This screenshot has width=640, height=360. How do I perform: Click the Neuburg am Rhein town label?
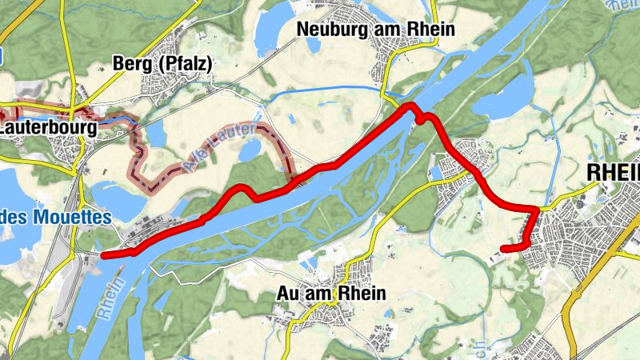tap(375, 30)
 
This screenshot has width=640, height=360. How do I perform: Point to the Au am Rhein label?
tap(330, 294)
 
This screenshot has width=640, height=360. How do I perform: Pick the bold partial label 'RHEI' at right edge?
tap(613, 173)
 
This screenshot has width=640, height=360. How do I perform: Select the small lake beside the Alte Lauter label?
tap(250, 150)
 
